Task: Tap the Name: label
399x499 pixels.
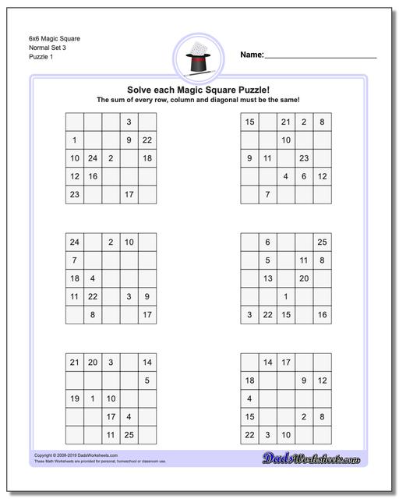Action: [252, 55]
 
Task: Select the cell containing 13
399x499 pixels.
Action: [267, 278]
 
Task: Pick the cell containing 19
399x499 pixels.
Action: [75, 398]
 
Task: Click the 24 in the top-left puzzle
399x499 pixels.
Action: [93, 158]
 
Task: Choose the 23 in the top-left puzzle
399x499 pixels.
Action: [75, 194]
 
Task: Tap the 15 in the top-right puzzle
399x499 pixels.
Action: [249, 122]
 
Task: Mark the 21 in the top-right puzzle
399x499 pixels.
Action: [285, 122]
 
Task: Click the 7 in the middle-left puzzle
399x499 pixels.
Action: [75, 260]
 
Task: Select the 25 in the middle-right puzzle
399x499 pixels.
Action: [322, 242]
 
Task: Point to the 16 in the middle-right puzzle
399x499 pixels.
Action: [322, 314]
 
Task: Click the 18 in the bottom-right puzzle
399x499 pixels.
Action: [249, 380]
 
